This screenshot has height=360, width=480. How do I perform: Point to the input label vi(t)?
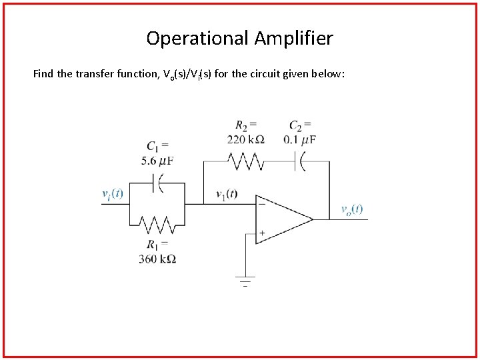(x=112, y=194)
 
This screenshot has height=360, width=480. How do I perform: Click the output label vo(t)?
(x=352, y=209)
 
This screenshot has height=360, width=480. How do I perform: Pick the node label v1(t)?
(x=227, y=195)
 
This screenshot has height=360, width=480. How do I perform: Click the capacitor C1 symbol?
(x=158, y=182)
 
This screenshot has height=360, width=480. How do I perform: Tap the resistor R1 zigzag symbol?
(x=157, y=224)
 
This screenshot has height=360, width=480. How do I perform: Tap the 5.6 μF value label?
(x=157, y=160)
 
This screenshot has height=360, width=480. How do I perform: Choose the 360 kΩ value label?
(x=157, y=259)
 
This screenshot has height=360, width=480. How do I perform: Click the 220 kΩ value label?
(x=246, y=139)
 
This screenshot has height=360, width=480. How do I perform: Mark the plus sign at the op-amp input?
(x=262, y=233)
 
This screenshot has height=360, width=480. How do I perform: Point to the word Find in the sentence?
(x=43, y=74)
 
